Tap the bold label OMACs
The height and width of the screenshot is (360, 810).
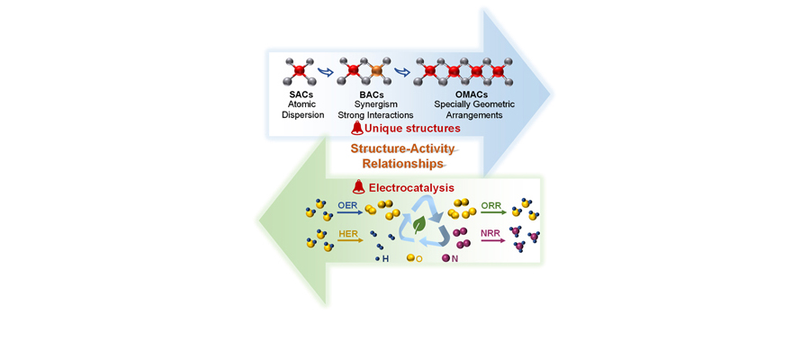464,94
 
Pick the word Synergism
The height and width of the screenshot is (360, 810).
374,104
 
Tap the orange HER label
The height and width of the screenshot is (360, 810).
348,234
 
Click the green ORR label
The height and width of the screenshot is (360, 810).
491,206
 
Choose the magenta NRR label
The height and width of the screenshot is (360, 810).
491,234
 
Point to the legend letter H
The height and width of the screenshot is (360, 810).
386,258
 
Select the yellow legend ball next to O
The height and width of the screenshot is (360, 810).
410,258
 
